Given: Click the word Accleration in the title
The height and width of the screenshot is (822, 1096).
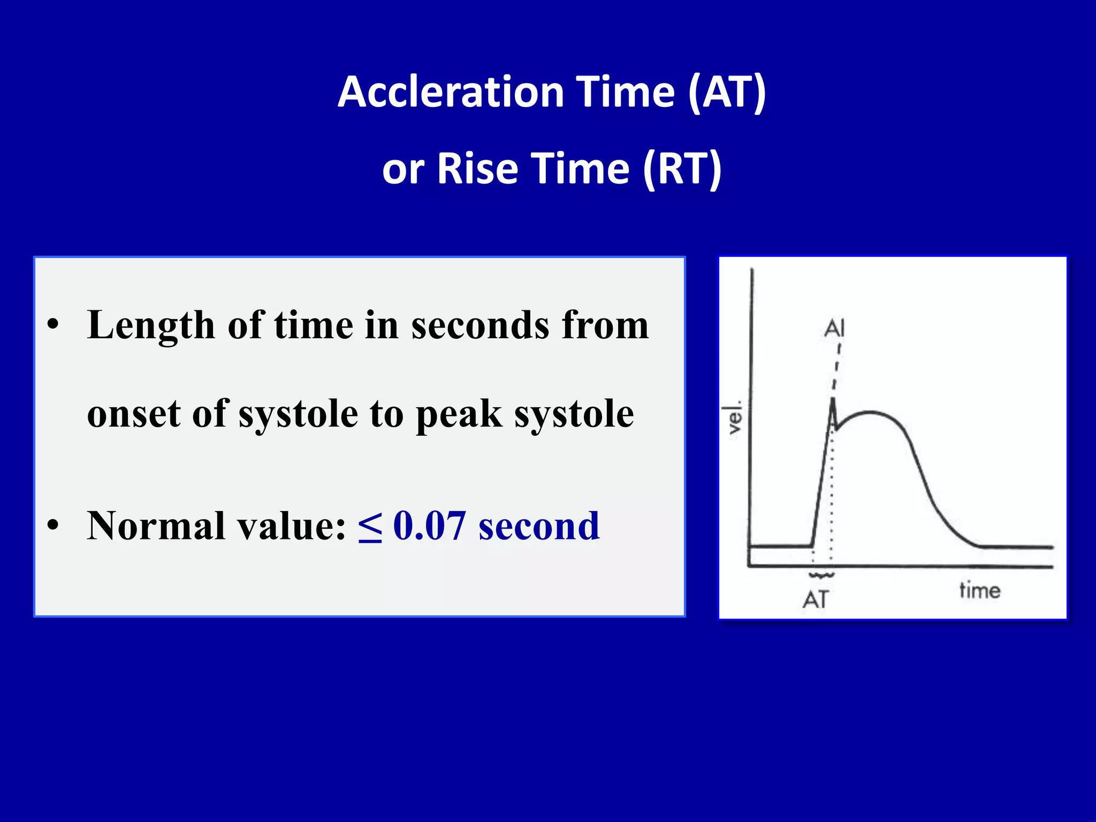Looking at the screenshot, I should (x=451, y=92).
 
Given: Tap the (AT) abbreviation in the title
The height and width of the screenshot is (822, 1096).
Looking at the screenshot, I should (x=727, y=92).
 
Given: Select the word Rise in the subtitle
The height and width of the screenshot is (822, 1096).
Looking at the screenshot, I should (x=477, y=169).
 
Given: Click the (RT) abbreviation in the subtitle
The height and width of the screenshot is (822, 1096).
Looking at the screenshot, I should (x=682, y=169).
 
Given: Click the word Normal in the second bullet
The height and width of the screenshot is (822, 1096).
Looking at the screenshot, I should (x=155, y=526).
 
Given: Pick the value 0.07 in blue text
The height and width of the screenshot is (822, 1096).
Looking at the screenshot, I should (x=429, y=526).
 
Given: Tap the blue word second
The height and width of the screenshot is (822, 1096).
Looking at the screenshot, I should (x=539, y=526).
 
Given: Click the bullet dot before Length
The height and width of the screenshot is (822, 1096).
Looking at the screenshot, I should (x=52, y=325).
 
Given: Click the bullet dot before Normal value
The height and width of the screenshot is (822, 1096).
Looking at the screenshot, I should (x=52, y=525).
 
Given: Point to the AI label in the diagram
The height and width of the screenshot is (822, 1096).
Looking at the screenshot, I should (x=834, y=328).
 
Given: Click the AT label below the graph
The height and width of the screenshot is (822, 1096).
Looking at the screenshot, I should (x=816, y=599).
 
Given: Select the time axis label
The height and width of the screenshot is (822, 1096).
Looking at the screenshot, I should (x=979, y=590).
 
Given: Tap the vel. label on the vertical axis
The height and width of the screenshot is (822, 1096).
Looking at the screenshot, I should (x=736, y=418).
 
